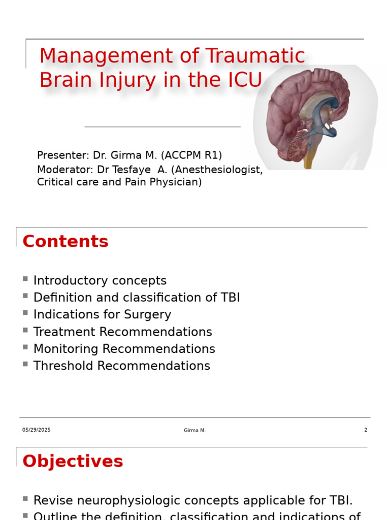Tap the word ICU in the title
pyautogui.click(x=243, y=81)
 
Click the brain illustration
pyautogui.click(x=310, y=114)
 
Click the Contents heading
pyautogui.click(x=66, y=242)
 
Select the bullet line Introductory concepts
pyautogui.click(x=100, y=281)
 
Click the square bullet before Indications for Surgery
pyautogui.click(x=25, y=313)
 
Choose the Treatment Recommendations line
pyautogui.click(x=122, y=332)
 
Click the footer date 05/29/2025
pyautogui.click(x=36, y=430)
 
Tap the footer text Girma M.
pyautogui.click(x=194, y=431)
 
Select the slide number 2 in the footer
pyautogui.click(x=366, y=430)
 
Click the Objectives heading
pyautogui.click(x=73, y=462)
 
